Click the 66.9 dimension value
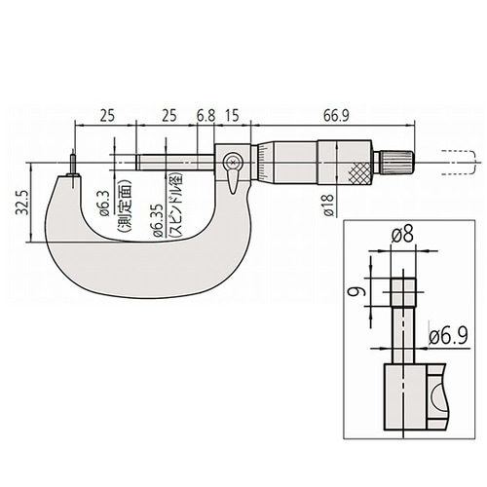pyautogui.click(x=336, y=116)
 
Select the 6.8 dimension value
pyautogui.click(x=206, y=116)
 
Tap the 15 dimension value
pyautogui.click(x=232, y=116)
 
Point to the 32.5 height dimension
pyautogui.click(x=21, y=203)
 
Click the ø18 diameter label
pyautogui.click(x=328, y=206)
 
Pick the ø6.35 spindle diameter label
pyautogui.click(x=156, y=220)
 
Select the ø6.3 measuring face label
pyautogui.click(x=104, y=205)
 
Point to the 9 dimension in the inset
pyautogui.click(x=356, y=292)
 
